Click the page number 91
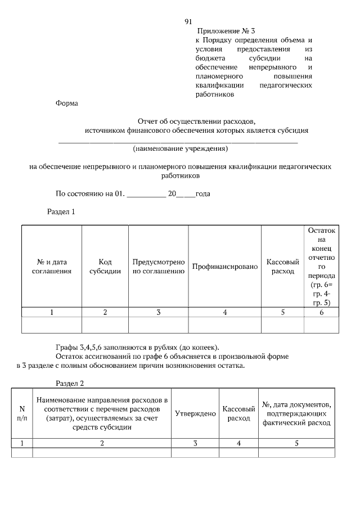(x=188, y=22)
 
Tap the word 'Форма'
(x=67, y=103)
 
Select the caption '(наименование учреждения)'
(x=180, y=149)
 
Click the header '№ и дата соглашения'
(x=52, y=267)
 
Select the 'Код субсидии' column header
(x=105, y=267)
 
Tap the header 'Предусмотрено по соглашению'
(x=159, y=267)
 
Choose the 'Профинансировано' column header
(x=224, y=266)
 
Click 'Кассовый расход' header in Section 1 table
(x=282, y=267)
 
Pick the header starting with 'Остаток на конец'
(x=322, y=267)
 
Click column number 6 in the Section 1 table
(x=322, y=312)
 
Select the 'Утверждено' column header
(x=195, y=413)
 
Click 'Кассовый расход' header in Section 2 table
(x=238, y=413)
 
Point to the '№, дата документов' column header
(x=296, y=413)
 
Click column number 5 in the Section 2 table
(x=296, y=443)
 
